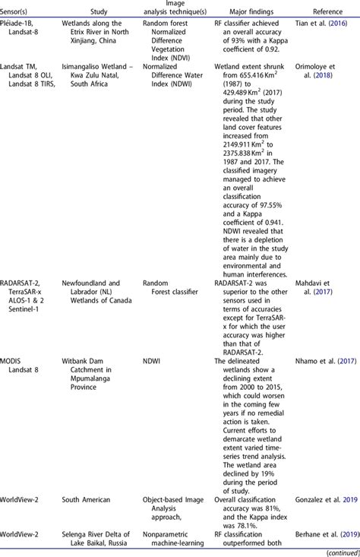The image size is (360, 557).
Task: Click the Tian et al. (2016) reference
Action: [330, 26]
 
